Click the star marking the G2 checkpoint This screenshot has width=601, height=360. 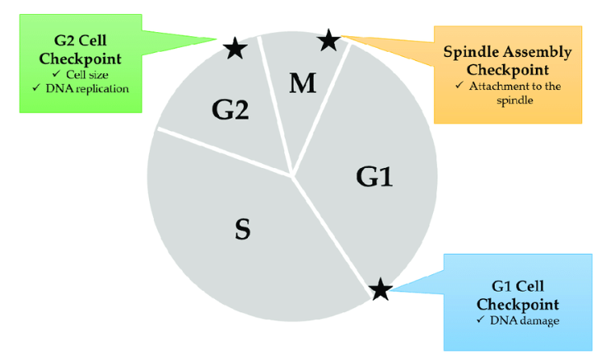coord(235,49)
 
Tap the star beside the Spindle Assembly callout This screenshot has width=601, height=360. coord(328,40)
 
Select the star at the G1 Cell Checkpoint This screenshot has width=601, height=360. coord(380,289)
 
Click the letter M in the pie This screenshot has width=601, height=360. coord(303,83)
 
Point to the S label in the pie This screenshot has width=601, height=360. coord(242,231)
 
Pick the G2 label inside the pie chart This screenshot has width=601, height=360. coord(230,110)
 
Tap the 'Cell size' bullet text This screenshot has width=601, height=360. coord(85,74)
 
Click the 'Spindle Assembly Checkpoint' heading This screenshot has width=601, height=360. coord(506,60)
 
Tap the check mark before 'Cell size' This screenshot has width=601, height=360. coord(55,74)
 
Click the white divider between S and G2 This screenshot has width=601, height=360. coord(222,151)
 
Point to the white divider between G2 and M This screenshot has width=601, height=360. coord(276,107)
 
